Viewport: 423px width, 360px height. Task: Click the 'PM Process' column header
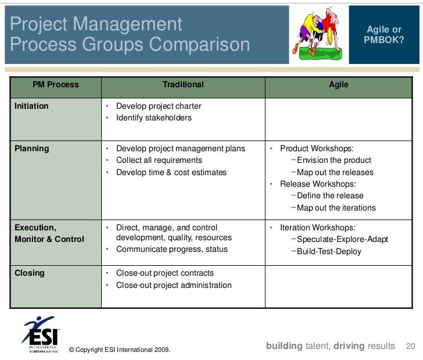pos(55,84)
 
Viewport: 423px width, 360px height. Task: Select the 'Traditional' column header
pos(183,84)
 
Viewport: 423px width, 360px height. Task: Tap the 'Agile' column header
pos(339,84)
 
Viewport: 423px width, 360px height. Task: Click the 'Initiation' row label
pos(31,106)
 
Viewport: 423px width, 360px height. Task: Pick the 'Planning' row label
pos(31,148)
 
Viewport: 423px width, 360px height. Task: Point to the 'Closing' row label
pos(29,273)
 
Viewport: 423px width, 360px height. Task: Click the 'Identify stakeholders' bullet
pos(153,118)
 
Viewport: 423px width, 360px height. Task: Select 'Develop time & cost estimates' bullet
pos(171,172)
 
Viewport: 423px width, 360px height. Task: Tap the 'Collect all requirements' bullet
pos(159,160)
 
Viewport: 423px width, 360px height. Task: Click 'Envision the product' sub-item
pos(334,161)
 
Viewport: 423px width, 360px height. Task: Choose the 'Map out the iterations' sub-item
pos(336,208)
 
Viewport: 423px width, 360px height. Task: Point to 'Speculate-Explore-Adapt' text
pos(342,240)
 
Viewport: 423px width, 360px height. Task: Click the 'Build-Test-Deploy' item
pos(328,252)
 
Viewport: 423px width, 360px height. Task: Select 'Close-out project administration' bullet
pos(173,285)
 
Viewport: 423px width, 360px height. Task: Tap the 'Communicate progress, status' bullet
pos(171,249)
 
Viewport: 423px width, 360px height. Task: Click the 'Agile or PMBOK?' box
pos(383,34)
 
